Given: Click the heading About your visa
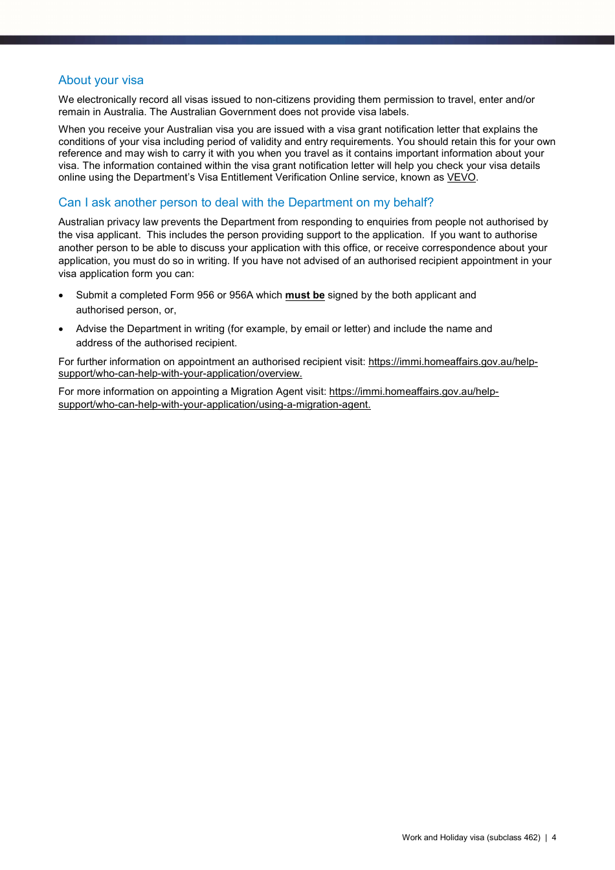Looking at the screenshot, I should [101, 80].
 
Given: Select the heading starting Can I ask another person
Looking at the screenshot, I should [246, 203].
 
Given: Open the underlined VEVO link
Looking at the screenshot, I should [461, 177].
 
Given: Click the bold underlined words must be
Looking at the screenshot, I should [305, 295].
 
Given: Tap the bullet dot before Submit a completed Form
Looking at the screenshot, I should [61, 296].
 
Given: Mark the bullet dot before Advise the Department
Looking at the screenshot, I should [61, 329].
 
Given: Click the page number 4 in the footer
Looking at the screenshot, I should [554, 838].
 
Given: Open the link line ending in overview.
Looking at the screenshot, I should [180, 374].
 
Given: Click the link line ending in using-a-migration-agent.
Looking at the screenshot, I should [214, 405].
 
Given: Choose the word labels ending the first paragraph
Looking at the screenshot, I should [392, 111].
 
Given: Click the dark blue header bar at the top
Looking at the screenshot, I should [307, 39].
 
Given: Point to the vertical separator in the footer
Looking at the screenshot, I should [546, 838].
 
